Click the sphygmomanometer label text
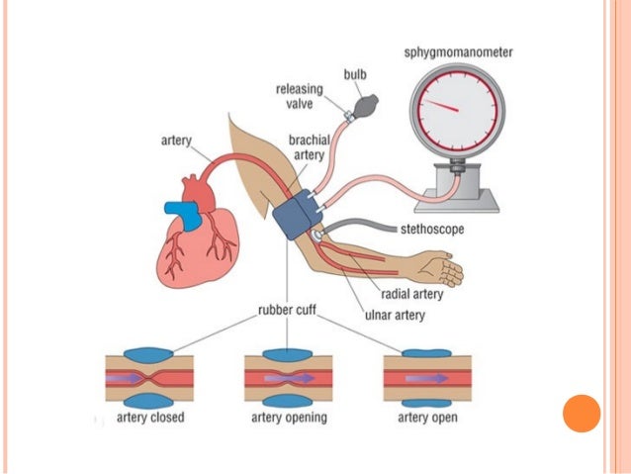click(463, 51)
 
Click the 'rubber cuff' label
click(287, 309)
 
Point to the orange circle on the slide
click(582, 413)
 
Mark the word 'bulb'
click(354, 74)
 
